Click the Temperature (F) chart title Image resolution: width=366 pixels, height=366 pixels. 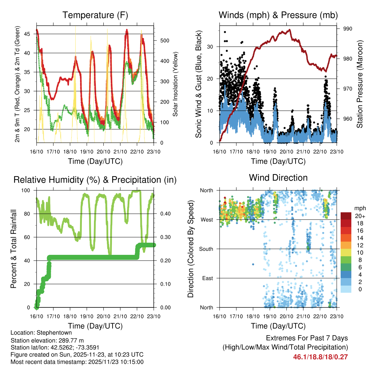(x=95, y=15)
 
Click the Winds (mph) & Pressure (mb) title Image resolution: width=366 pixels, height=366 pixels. (x=278, y=15)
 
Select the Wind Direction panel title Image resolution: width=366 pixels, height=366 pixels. (x=278, y=178)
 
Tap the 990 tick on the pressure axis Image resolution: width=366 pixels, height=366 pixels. (x=348, y=29)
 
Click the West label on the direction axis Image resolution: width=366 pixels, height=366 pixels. (x=207, y=219)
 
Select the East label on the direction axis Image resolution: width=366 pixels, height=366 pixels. (x=207, y=278)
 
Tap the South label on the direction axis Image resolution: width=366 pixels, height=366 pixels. (x=206, y=249)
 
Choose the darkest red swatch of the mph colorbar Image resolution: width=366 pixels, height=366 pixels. (x=346, y=216)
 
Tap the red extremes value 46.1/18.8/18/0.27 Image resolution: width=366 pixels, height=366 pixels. (x=320, y=357)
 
